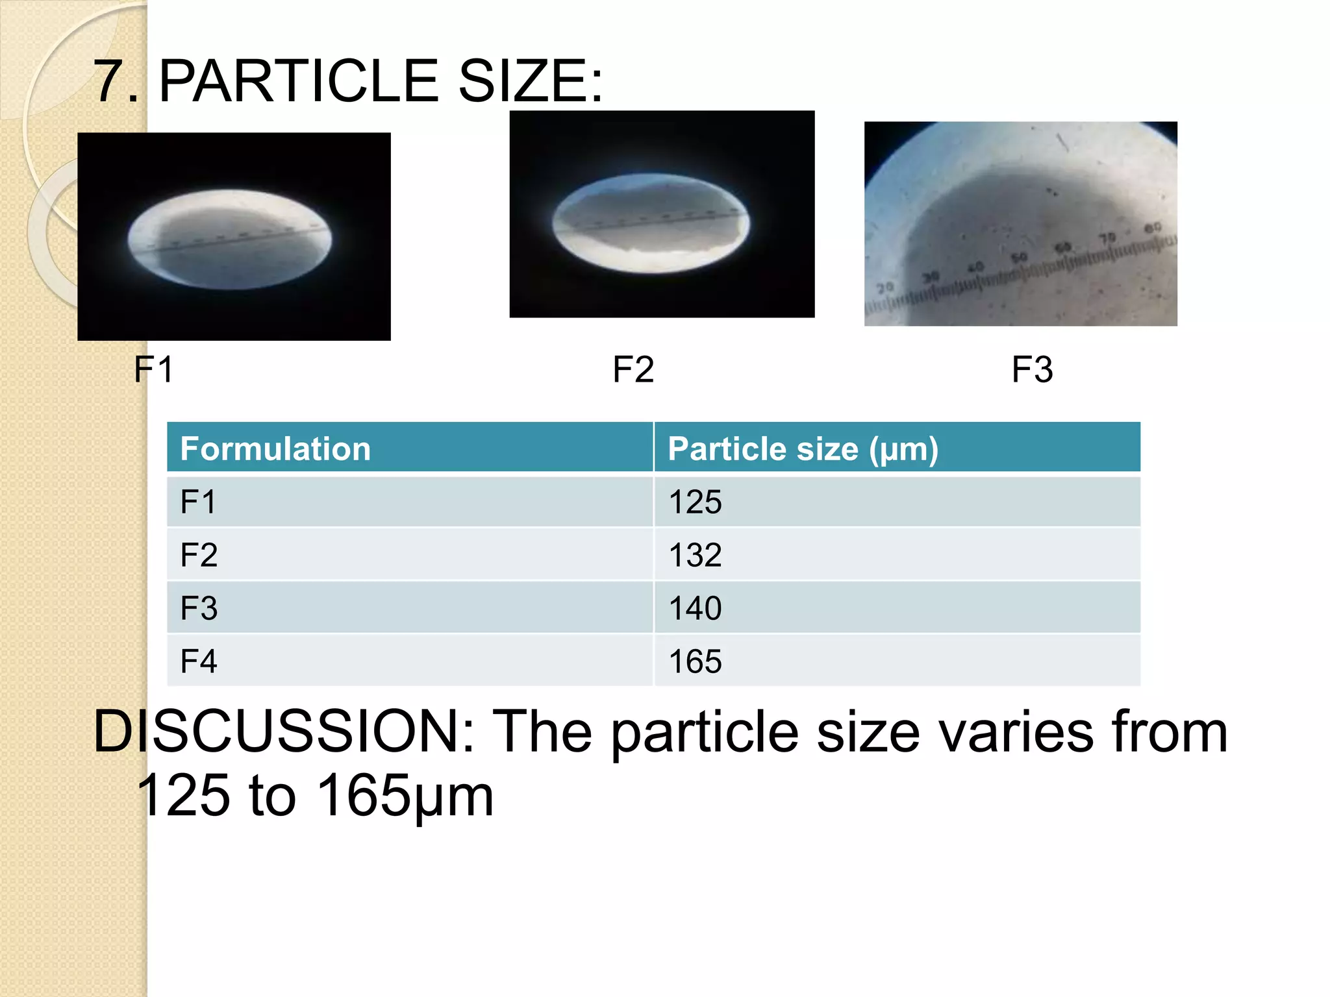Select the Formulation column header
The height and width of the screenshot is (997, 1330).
pyautogui.click(x=275, y=449)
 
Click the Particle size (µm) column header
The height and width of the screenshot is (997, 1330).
pyautogui.click(x=803, y=449)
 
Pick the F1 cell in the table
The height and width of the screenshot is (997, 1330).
pyautogui.click(x=197, y=502)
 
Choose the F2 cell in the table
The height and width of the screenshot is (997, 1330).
pyautogui.click(x=198, y=555)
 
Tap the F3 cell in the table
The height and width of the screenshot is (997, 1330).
pyautogui.click(x=198, y=608)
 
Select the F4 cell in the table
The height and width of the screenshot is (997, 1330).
pyautogui.click(x=198, y=661)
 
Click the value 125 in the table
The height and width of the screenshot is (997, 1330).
pyautogui.click(x=695, y=502)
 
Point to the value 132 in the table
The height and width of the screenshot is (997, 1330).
pyautogui.click(x=695, y=555)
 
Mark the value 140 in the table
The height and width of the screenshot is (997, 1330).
pyautogui.click(x=695, y=608)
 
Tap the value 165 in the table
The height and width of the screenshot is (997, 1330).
pyautogui.click(x=695, y=661)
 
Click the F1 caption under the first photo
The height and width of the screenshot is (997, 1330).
pyautogui.click(x=154, y=369)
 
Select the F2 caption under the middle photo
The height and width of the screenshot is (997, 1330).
pyautogui.click(x=633, y=369)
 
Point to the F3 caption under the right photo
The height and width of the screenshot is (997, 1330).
pyautogui.click(x=1032, y=369)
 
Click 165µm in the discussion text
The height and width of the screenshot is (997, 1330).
pyautogui.click(x=405, y=795)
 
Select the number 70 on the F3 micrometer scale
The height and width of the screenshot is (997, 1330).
pyautogui.click(x=1107, y=238)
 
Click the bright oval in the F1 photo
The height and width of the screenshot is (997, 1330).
pyautogui.click(x=230, y=239)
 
